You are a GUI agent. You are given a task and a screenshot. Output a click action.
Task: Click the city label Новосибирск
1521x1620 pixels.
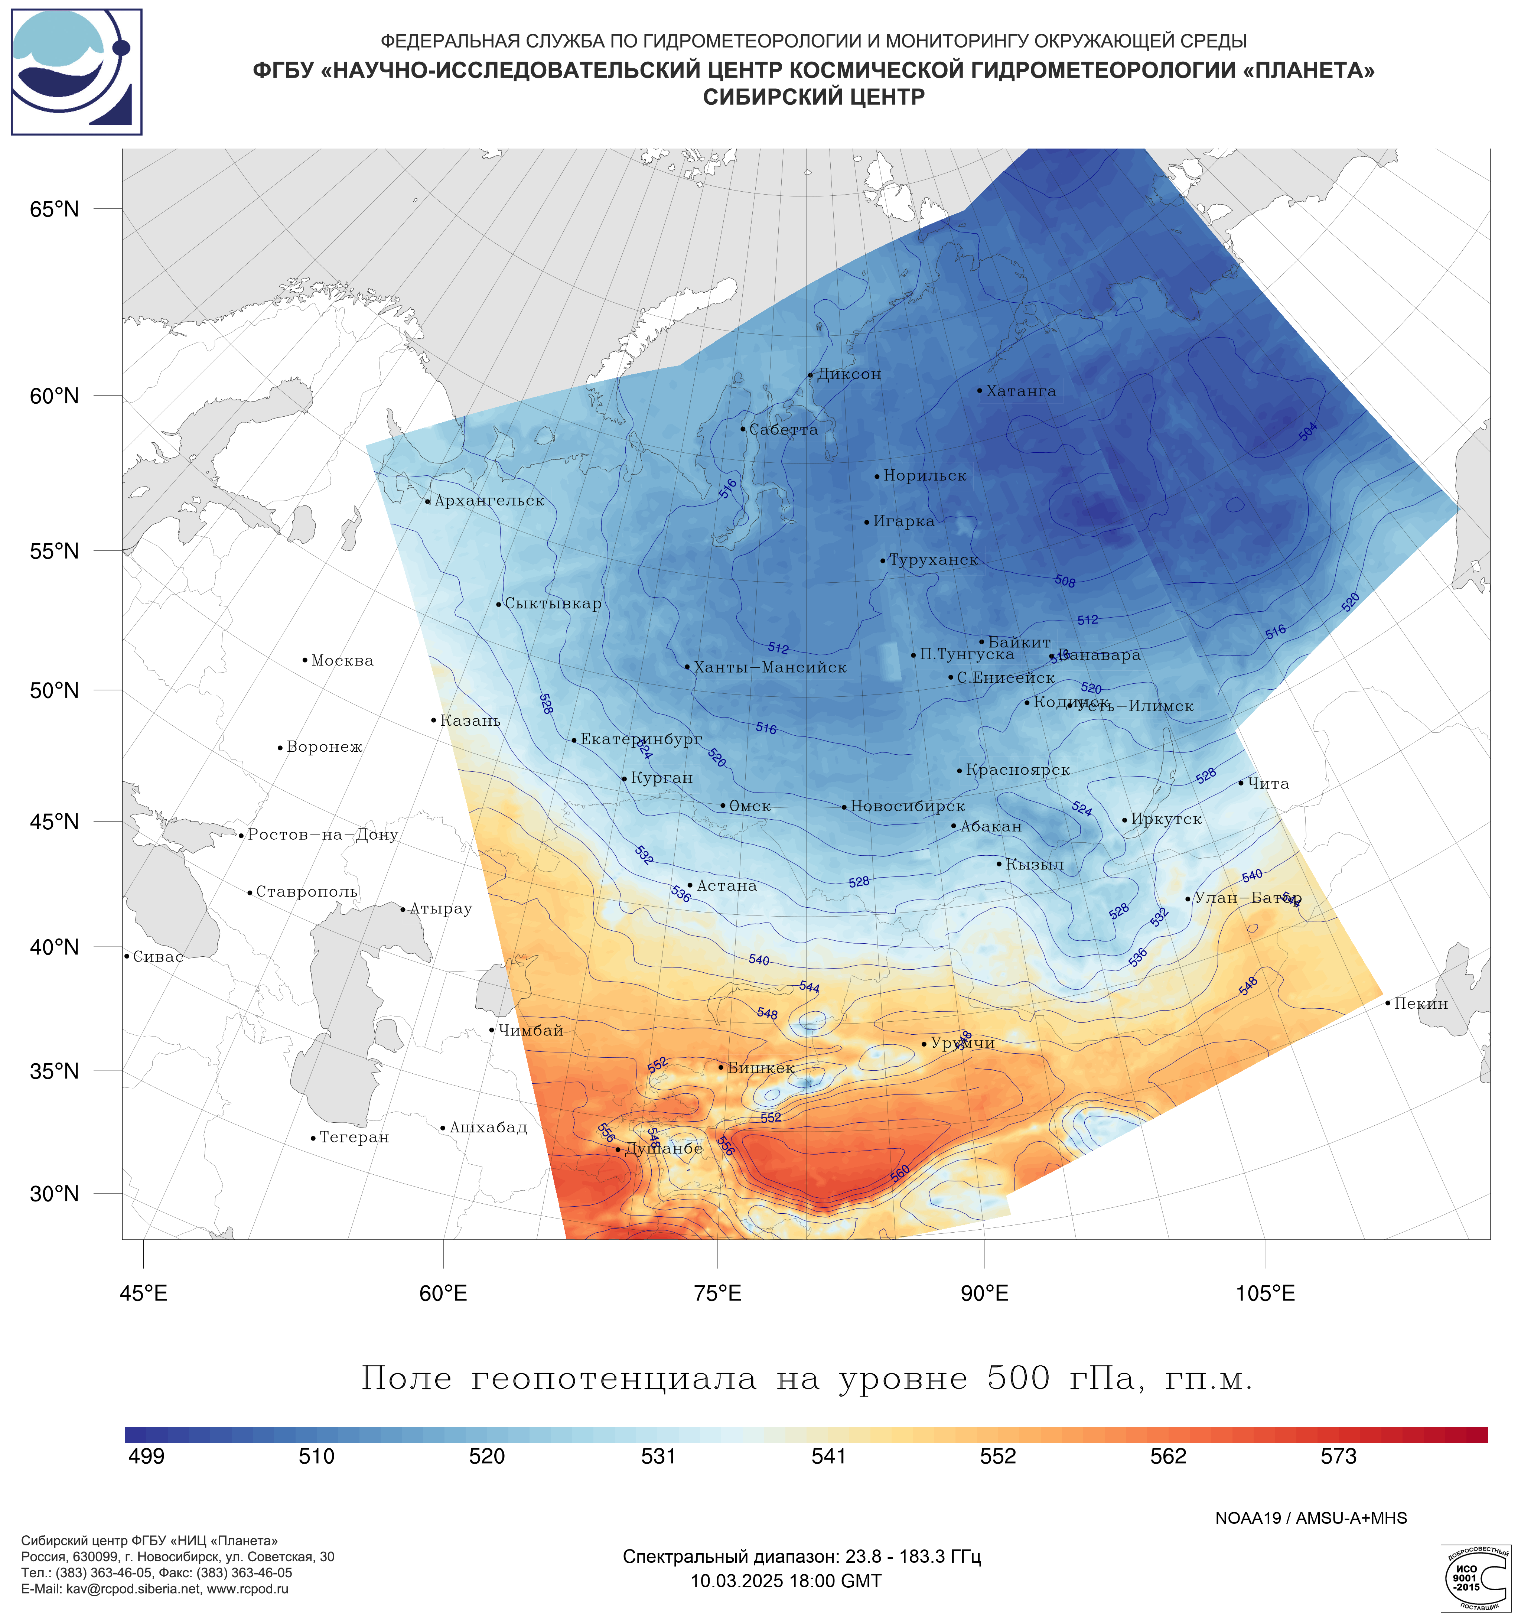[907, 806]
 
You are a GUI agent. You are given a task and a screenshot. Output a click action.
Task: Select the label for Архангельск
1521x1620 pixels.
[489, 500]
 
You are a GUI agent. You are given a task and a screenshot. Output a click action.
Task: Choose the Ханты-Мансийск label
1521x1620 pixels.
[769, 667]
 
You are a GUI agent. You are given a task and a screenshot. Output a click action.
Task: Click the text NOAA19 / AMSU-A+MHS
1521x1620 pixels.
[1311, 1518]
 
